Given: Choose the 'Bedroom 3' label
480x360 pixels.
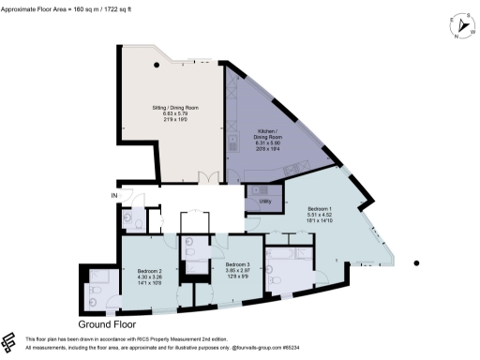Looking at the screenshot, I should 234,265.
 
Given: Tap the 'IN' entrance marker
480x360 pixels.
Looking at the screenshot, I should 114,195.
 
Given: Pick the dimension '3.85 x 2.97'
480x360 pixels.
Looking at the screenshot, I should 234,272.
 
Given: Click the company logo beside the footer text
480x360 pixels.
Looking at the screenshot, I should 12,341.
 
